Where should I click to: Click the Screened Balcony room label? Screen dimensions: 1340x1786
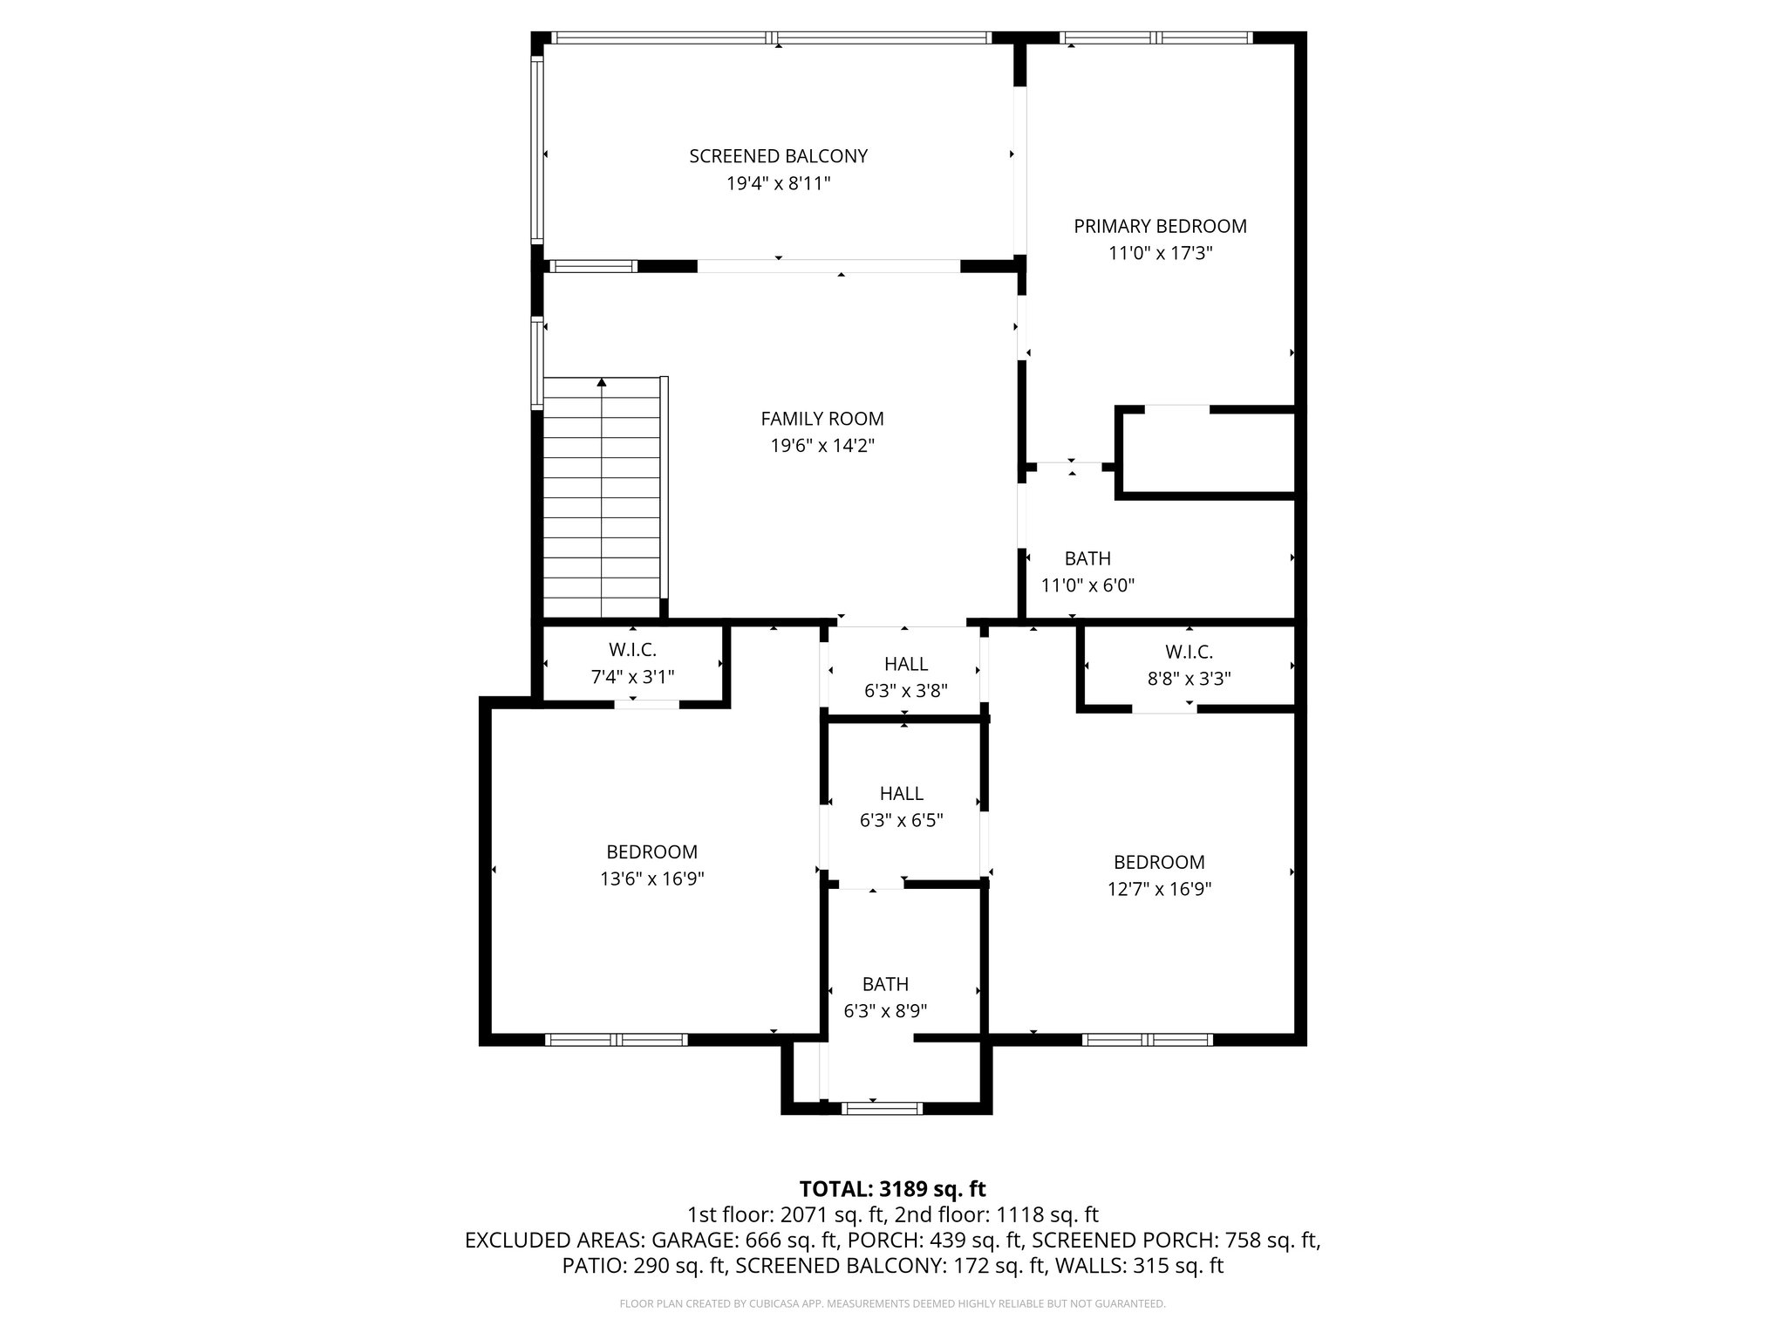coord(778,156)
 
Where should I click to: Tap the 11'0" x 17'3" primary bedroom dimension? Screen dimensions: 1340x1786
coord(1160,254)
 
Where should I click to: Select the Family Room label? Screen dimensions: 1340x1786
coord(821,419)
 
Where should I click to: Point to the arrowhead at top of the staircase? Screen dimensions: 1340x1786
coord(602,382)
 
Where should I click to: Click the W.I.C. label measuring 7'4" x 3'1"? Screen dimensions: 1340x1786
coord(632,650)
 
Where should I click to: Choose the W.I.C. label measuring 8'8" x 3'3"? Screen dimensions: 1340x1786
coord(1189,652)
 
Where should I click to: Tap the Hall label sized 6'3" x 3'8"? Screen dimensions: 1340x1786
coord(905,664)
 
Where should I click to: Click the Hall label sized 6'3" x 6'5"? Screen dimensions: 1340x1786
coord(901,793)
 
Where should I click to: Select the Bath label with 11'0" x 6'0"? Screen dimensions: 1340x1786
coord(1087,558)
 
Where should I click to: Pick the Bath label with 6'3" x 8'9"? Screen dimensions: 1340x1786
coord(885,984)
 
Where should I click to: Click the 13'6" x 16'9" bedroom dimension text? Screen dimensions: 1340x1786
coord(651,879)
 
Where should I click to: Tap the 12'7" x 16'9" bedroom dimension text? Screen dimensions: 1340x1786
coord(1159,890)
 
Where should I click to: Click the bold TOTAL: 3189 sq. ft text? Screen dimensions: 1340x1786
coord(892,1189)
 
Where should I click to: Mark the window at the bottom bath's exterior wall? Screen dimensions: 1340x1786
coord(881,1109)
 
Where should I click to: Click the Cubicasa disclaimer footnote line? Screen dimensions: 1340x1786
coord(892,1304)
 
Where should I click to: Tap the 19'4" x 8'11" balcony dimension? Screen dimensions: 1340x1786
coord(778,184)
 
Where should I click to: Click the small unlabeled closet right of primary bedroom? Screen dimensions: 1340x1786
coord(1208,454)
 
